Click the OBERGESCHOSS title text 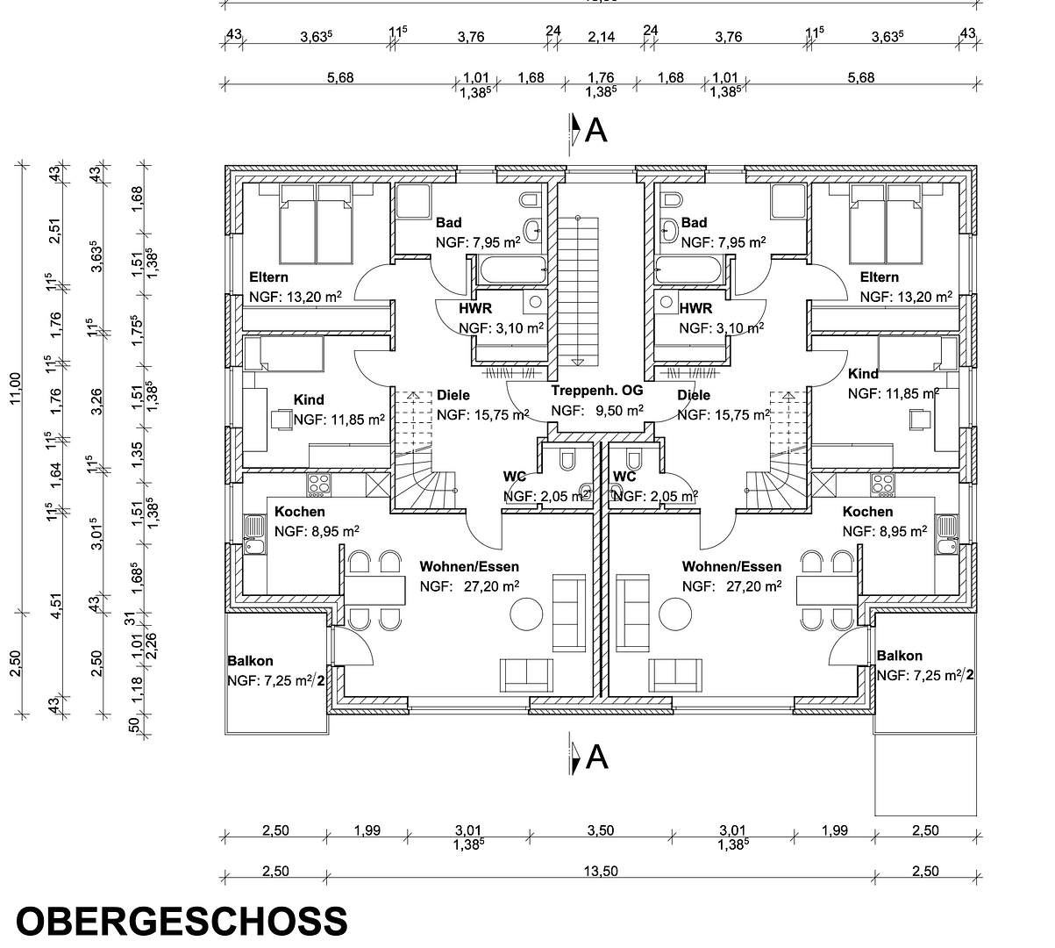(182, 922)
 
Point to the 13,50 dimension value (600, 871)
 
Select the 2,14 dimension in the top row (601, 36)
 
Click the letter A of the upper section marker (596, 130)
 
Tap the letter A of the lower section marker (596, 757)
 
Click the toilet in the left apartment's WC (567, 458)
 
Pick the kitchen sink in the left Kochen (254, 535)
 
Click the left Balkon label (250, 661)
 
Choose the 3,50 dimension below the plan (600, 830)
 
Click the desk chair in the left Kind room (282, 419)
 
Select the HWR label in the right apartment (695, 308)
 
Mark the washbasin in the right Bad (669, 229)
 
